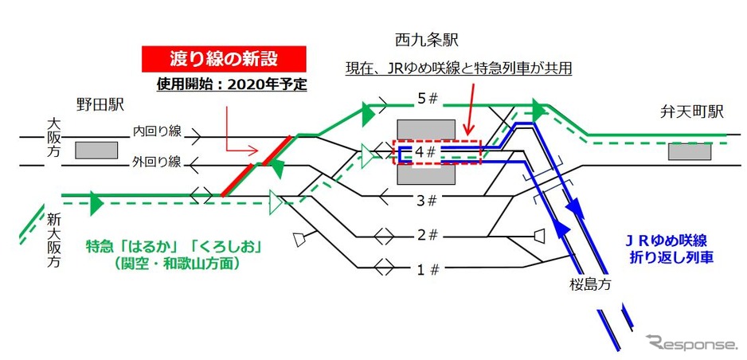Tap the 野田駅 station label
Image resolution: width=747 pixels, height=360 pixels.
click(x=100, y=104)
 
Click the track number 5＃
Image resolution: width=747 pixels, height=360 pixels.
click(x=428, y=101)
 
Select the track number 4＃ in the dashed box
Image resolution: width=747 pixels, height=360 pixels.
click(x=427, y=151)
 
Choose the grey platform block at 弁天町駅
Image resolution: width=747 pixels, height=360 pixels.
click(x=689, y=151)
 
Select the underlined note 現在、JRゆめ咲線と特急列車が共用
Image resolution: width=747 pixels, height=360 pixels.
click(x=459, y=69)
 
